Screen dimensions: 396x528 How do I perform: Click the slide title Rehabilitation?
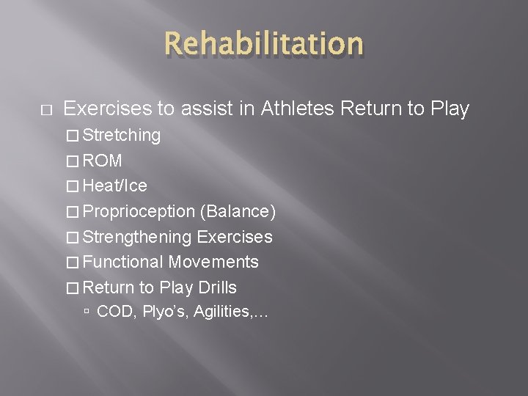(x=264, y=44)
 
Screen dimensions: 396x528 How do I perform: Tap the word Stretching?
(x=122, y=135)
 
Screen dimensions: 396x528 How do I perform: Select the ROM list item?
(x=103, y=161)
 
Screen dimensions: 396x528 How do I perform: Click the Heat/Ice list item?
(x=115, y=186)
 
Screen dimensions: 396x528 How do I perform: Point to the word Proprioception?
(x=139, y=212)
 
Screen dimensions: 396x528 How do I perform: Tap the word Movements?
(x=213, y=262)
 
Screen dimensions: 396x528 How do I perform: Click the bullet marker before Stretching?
(x=73, y=136)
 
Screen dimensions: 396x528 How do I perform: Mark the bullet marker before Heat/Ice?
(x=73, y=186)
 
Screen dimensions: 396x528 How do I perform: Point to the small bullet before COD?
(x=87, y=312)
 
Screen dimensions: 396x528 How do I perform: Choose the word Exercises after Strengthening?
(x=235, y=237)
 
